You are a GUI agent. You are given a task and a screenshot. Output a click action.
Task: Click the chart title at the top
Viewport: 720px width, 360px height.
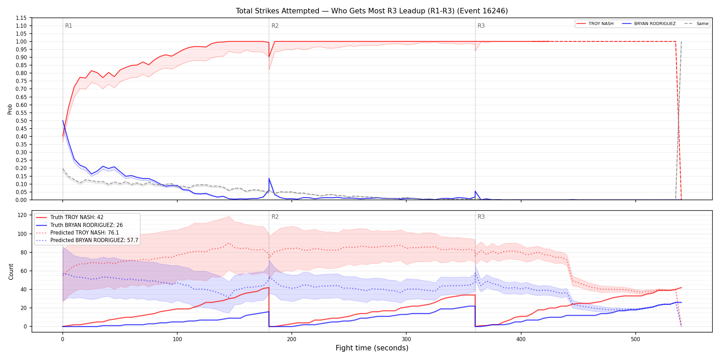pyautogui.click(x=372, y=11)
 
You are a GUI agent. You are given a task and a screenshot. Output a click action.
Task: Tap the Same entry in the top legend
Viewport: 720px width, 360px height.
pyautogui.click(x=696, y=24)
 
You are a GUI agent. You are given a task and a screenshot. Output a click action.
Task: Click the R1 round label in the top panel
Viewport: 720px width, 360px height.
pyautogui.click(x=69, y=26)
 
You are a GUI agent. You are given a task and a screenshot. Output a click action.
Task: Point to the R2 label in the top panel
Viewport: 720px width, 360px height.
pyautogui.click(x=275, y=26)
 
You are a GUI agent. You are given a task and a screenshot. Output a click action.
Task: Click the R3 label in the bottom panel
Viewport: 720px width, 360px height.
pyautogui.click(x=481, y=217)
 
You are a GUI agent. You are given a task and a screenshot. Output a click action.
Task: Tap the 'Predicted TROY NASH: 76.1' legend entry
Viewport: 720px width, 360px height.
pyautogui.click(x=77, y=233)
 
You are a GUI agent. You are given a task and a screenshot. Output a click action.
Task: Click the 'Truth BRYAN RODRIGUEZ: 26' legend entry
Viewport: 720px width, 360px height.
pyautogui.click(x=79, y=225)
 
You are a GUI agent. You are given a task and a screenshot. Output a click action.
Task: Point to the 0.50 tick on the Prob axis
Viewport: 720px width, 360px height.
pyautogui.click(x=21, y=121)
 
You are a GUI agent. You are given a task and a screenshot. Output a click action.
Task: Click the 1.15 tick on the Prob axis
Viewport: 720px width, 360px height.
pyautogui.click(x=21, y=18)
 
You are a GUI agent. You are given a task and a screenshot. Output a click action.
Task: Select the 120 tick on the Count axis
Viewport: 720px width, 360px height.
pyautogui.click(x=22, y=215)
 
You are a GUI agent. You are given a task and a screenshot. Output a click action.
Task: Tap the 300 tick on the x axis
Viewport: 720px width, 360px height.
pyautogui.click(x=406, y=339)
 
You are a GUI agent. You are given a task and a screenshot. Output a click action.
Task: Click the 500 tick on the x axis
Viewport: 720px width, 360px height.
pyautogui.click(x=635, y=339)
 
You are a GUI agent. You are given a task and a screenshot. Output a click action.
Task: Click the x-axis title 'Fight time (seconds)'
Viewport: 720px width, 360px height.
pyautogui.click(x=372, y=348)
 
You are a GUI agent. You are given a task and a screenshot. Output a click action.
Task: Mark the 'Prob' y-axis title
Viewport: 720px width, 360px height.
pyautogui.click(x=10, y=109)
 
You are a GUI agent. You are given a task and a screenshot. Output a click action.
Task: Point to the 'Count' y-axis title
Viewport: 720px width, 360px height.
pyautogui.click(x=11, y=272)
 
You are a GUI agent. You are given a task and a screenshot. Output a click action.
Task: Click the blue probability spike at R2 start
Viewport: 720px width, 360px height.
pyautogui.click(x=269, y=179)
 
